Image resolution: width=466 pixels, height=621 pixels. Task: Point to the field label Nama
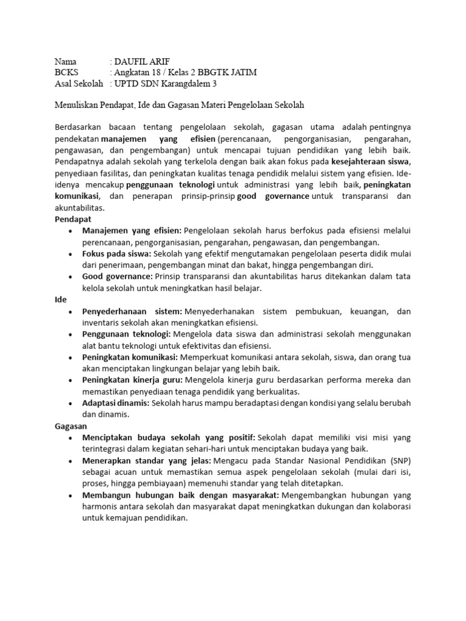coord(66,61)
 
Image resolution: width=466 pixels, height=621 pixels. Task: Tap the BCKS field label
coord(67,72)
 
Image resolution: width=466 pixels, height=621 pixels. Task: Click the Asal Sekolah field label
coord(79,83)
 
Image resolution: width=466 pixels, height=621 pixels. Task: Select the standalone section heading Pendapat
coord(72,218)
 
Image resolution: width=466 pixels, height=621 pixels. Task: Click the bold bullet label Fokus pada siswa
coord(116,254)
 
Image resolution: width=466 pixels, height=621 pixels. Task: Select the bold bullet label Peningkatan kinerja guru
coord(134,380)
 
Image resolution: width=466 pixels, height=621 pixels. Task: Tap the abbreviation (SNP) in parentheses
coord(400,461)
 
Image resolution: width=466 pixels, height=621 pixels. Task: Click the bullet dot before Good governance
coord(72,277)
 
